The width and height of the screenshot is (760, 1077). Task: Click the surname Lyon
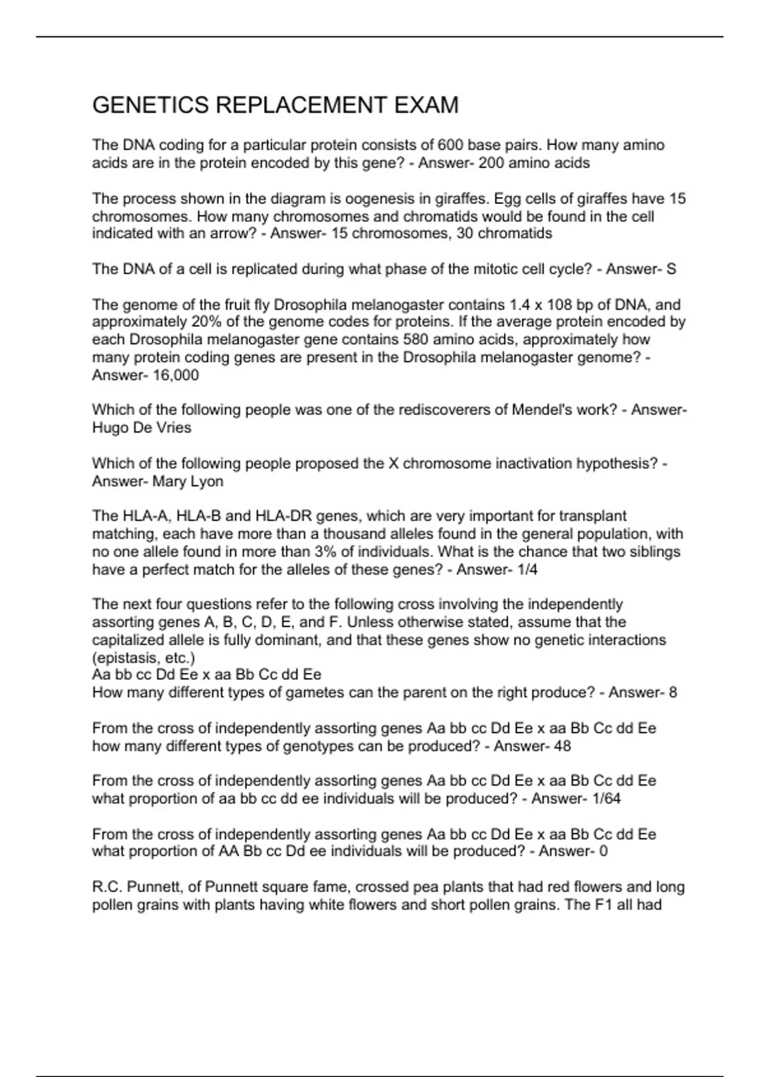click(x=206, y=481)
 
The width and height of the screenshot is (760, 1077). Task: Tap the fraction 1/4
click(x=527, y=570)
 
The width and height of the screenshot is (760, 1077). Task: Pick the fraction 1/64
click(x=605, y=798)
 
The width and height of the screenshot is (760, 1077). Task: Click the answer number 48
click(x=562, y=746)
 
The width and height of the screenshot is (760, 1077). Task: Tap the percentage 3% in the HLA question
click(x=325, y=552)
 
